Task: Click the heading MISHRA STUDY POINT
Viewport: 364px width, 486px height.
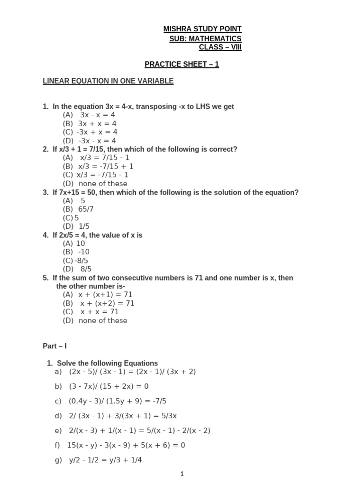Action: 202,29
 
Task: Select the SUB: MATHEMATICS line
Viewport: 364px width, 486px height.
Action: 205,38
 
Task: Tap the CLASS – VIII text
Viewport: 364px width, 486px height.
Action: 220,47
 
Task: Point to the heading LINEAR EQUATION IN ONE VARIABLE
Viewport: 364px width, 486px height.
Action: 108,81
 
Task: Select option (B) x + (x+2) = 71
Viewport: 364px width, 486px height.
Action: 99,303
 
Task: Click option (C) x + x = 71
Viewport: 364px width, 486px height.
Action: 91,312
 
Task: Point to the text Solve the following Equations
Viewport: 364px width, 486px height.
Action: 107,363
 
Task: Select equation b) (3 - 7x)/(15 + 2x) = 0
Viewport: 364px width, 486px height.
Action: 102,386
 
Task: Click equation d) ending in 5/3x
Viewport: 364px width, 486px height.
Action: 116,416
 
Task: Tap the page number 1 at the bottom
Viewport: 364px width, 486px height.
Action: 182,473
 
